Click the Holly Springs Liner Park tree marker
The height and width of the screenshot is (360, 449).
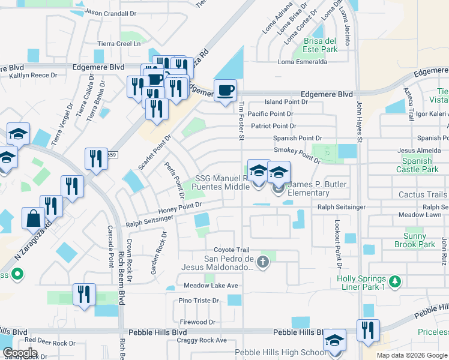[394, 281]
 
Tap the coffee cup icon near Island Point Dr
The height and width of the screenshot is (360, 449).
[225, 91]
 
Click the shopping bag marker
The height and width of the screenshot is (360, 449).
[32, 218]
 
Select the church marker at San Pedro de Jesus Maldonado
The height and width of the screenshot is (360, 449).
[262, 261]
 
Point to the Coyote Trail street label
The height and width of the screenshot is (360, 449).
[231, 250]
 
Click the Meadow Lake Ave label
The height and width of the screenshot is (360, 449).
[211, 285]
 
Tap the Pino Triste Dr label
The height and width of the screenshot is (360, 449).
[199, 300]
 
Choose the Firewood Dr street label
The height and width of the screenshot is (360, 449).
[197, 322]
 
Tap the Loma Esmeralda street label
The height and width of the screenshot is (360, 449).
[302, 62]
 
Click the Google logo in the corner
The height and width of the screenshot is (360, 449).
[20, 353]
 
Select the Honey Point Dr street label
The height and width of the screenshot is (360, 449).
[179, 208]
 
